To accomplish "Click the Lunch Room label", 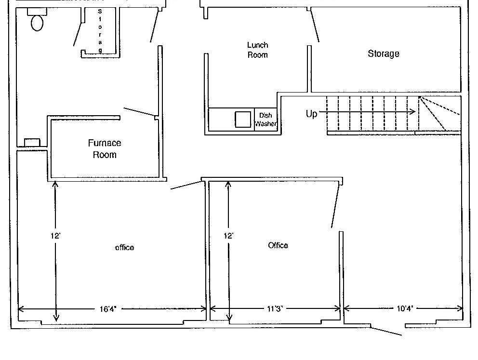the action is point(258,50).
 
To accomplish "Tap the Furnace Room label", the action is point(105,149).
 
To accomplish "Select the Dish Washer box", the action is point(266,120).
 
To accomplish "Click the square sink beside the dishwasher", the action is point(243,119).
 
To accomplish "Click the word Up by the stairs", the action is point(311,114).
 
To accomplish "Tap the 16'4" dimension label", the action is point(108,309).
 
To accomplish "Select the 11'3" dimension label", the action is point(275,309).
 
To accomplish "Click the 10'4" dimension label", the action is point(405,308).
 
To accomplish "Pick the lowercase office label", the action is point(124,248).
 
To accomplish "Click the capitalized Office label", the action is point(278,245).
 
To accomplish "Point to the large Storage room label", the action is point(384,53).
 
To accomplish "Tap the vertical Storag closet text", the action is point(100,30).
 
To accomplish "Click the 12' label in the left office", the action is point(55,236).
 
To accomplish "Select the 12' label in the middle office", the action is point(228,236).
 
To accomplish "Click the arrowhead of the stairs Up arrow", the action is point(412,112).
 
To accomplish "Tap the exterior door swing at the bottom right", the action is point(386,332).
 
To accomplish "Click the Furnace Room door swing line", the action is point(139,112).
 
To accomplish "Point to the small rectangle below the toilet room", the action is point(32,142).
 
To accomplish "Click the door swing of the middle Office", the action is point(335,206).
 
